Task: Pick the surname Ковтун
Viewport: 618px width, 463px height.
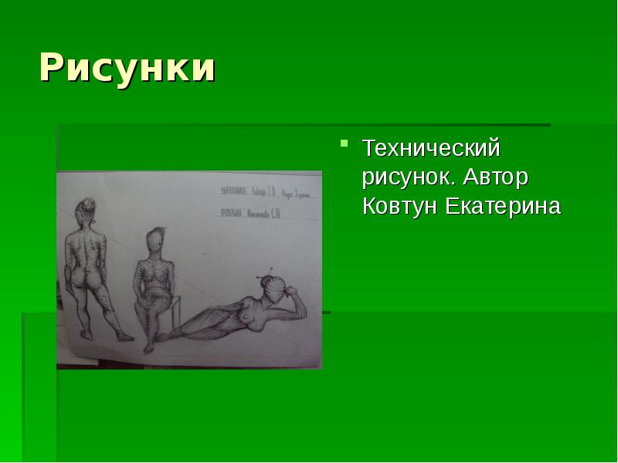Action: pyautogui.click(x=400, y=206)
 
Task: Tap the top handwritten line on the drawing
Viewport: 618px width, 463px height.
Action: pyautogui.click(x=263, y=190)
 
